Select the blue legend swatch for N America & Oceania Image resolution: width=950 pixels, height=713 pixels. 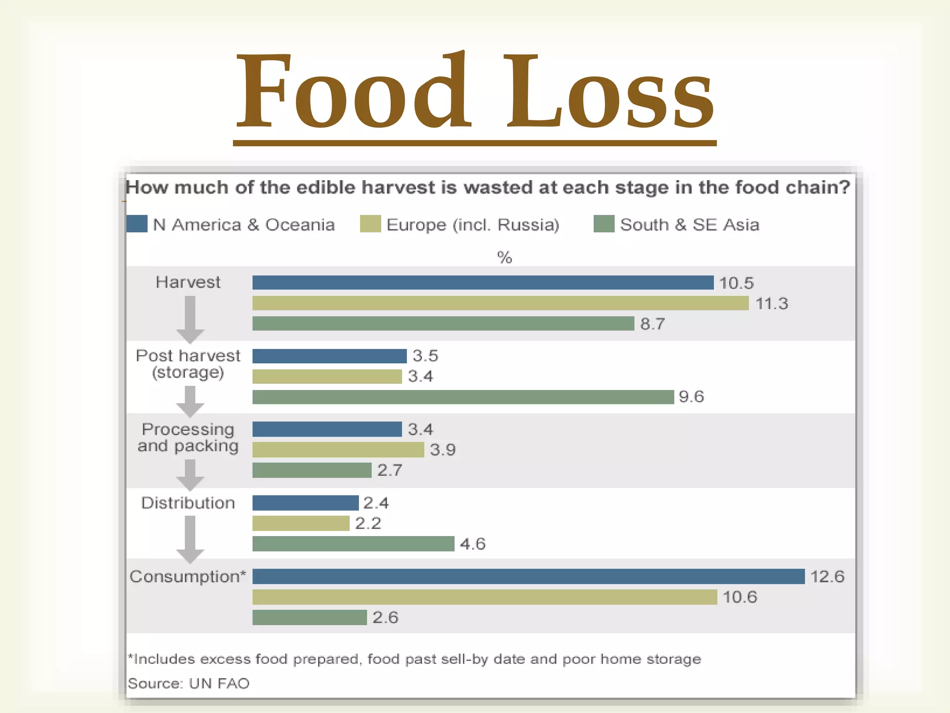(137, 224)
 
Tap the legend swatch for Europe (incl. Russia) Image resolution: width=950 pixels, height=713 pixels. (370, 224)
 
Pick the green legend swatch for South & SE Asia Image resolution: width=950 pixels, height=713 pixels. (603, 224)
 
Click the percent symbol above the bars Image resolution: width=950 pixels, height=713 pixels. (504, 257)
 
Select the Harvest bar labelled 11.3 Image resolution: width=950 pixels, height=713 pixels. (500, 303)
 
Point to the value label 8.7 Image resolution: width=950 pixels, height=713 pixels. (652, 324)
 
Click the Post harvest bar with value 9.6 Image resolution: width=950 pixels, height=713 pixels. (462, 397)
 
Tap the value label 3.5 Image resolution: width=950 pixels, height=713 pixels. (425, 356)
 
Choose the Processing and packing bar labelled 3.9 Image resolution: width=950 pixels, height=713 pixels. (338, 449)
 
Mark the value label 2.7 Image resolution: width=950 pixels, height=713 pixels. (389, 470)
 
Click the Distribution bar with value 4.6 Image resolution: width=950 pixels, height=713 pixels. (353, 544)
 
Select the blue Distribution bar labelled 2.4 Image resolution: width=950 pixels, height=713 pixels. (305, 503)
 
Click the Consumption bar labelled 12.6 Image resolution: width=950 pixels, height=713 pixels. (528, 576)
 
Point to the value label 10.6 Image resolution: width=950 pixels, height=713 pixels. (739, 597)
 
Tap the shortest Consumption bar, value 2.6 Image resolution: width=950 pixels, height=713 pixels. (309, 617)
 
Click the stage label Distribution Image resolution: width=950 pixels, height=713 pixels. (188, 503)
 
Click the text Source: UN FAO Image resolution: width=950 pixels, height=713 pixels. (188, 683)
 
